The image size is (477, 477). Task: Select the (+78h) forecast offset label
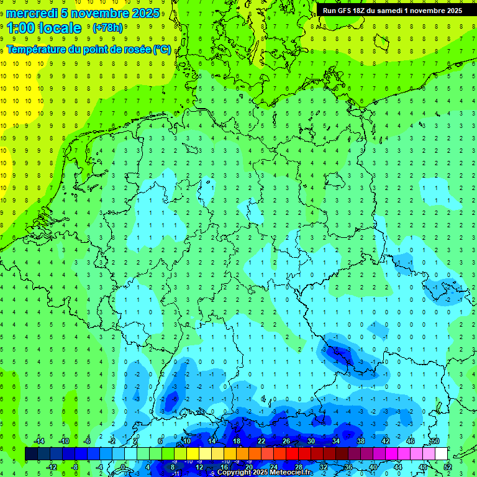coord(107,28)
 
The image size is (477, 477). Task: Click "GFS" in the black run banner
coord(347,11)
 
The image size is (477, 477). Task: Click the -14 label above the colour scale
coord(39,441)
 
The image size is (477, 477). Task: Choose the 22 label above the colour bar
coord(261,441)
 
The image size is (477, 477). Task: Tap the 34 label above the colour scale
coord(336,441)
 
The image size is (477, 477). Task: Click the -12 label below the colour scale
coord(52,467)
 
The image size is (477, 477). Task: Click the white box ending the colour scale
coord(441,454)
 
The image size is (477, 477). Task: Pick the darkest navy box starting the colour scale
coord(31,454)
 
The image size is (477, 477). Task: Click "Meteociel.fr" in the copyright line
coord(290,473)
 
